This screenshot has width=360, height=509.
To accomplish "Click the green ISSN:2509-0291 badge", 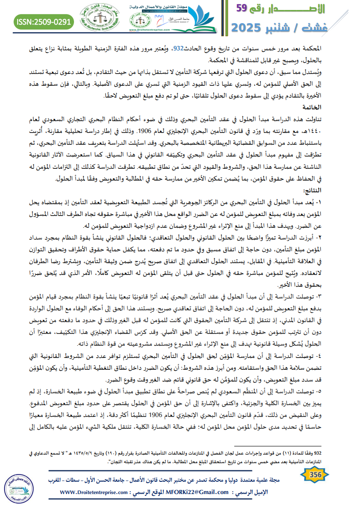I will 44,21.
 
